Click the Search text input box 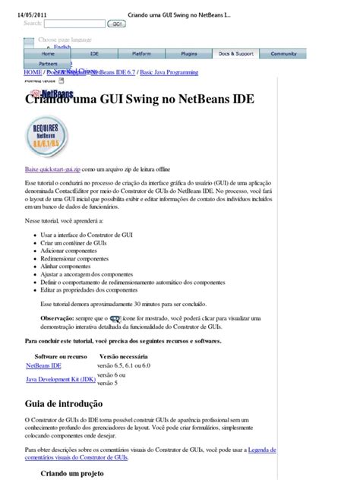click(x=74, y=24)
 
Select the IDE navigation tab click(x=94, y=54)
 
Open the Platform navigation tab click(x=141, y=54)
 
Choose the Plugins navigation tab click(x=188, y=54)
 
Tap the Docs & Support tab click(x=235, y=54)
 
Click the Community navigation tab click(x=283, y=54)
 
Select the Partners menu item click(x=48, y=64)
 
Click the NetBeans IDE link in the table click(x=44, y=365)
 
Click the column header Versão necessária click(x=123, y=355)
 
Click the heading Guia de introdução click(x=64, y=404)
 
